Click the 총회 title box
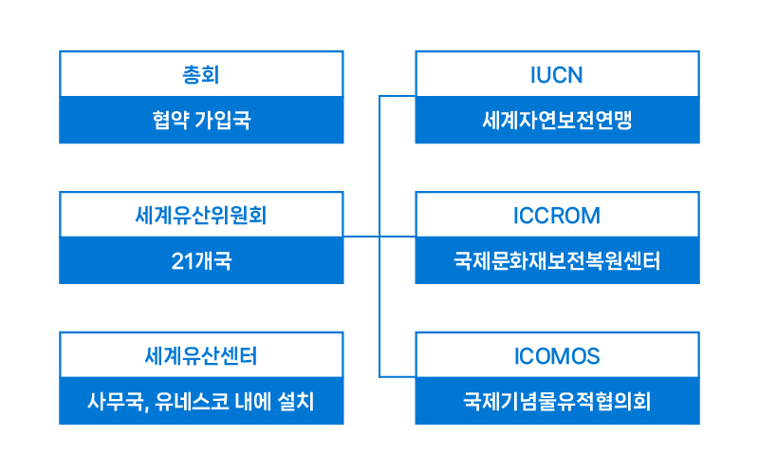pyautogui.click(x=201, y=75)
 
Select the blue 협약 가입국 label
pyautogui.click(x=201, y=120)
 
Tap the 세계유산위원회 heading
pyautogui.click(x=201, y=216)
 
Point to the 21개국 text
pyautogui.click(x=201, y=260)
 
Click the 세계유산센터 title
pyautogui.click(x=201, y=355)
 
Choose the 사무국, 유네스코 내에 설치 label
pyautogui.click(x=201, y=401)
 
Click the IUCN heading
pyautogui.click(x=557, y=75)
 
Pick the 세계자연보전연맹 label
pyautogui.click(x=557, y=120)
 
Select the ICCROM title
pyautogui.click(x=557, y=216)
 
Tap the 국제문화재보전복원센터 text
pyautogui.click(x=557, y=260)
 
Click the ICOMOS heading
pyautogui.click(x=557, y=356)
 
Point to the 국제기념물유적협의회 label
pyautogui.click(x=557, y=401)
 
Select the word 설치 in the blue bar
pyautogui.click(x=296, y=401)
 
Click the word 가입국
pyautogui.click(x=223, y=120)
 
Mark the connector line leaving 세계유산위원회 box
pyautogui.click(x=361, y=237)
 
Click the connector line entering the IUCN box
pyautogui.click(x=398, y=96)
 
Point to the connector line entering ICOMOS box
pyautogui.click(x=398, y=376)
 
